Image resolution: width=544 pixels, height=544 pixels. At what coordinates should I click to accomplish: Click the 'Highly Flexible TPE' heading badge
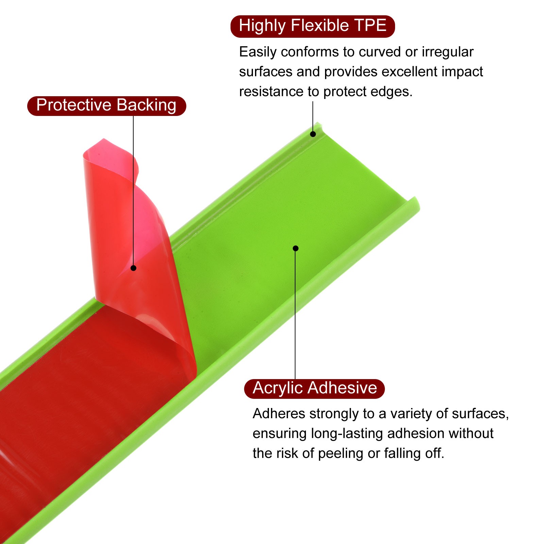pos(312,26)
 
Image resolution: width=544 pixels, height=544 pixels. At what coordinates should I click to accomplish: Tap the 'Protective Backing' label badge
pos(106,106)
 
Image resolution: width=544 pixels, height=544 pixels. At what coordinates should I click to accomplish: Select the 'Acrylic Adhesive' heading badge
pos(314,389)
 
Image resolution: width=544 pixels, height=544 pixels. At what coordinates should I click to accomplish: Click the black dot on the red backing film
pos(134,268)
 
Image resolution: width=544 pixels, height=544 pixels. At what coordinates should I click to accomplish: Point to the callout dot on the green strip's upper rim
pos(313,134)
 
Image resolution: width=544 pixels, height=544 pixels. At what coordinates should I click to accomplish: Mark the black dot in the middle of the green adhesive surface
pos(295,249)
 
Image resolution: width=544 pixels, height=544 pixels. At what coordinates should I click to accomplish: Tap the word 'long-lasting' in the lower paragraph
pos(347,434)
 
